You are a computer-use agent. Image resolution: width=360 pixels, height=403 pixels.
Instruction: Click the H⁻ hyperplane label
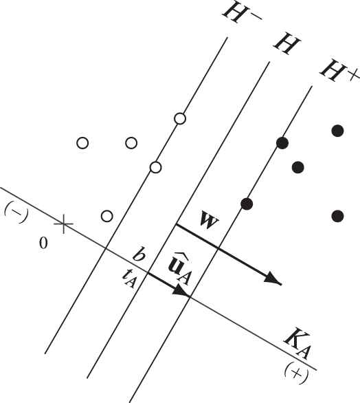tap(242, 13)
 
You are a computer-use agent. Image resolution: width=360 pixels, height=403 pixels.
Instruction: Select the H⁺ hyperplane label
tap(339, 70)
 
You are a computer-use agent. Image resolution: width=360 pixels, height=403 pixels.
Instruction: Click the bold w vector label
tap(210, 220)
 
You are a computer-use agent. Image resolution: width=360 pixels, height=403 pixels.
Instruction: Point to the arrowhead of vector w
tap(273, 279)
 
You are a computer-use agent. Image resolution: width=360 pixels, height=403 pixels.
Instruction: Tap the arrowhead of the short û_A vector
tap(181, 292)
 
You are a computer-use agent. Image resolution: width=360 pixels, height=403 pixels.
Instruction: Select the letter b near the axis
tap(139, 254)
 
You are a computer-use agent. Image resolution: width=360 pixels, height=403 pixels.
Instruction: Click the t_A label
tap(129, 279)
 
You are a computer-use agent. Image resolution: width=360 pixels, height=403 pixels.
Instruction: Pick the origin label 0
tap(43, 243)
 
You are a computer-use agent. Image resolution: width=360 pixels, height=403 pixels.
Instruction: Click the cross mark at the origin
tap(63, 224)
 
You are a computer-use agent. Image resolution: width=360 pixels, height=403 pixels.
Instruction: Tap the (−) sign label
tap(16, 212)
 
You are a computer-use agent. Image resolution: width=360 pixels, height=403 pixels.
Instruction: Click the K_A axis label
tap(297, 344)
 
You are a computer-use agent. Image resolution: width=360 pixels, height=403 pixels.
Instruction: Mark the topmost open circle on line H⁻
tap(180, 119)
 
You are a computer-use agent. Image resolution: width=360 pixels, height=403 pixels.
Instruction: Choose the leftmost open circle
tap(82, 143)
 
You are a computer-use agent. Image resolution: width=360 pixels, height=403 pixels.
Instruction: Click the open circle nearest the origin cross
tap(106, 216)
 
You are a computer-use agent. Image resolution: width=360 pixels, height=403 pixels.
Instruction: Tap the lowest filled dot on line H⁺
tap(247, 204)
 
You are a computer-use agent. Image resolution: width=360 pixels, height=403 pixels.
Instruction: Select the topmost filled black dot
tap(337, 131)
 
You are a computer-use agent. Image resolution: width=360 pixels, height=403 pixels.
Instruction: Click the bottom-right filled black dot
tap(337, 216)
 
